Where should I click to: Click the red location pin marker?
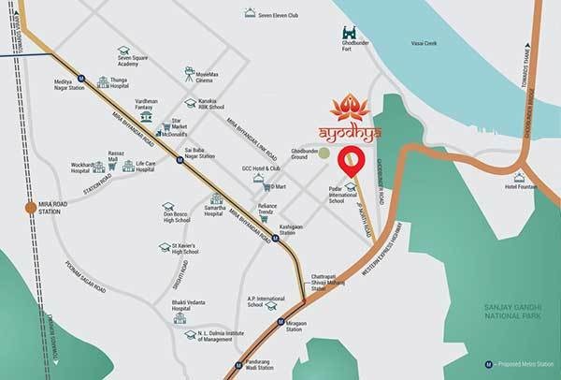[x=351, y=161]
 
